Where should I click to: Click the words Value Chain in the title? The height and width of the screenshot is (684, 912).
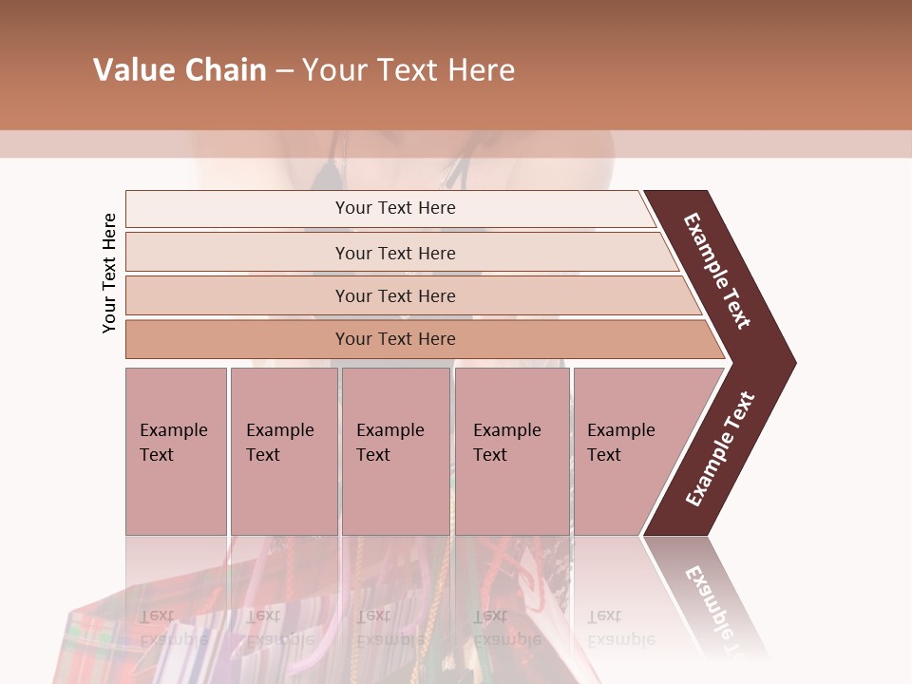coord(180,70)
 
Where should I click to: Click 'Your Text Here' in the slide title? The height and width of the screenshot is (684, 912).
coord(408,70)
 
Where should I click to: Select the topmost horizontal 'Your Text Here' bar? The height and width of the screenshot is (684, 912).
coord(395,208)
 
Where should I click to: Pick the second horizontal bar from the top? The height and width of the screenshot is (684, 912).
coord(395,253)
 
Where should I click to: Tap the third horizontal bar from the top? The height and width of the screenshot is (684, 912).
coord(395,295)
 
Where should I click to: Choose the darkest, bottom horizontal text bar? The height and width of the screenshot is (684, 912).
coord(395,339)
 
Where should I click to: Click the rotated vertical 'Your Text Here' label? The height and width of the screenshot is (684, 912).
coord(109,274)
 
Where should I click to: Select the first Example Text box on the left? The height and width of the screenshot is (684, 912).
coord(176,450)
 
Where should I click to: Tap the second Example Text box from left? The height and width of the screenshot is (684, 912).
coord(283,450)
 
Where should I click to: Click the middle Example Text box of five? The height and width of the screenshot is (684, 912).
coord(395,450)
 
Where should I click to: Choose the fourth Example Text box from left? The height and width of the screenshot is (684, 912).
coord(511,450)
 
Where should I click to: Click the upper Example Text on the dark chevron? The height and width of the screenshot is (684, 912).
coord(717,272)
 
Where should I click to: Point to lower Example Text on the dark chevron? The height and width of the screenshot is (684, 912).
coord(720,448)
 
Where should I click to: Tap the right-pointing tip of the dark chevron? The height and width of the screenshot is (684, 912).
coord(790,362)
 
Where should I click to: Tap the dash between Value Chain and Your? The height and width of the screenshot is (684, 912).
coord(284,71)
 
